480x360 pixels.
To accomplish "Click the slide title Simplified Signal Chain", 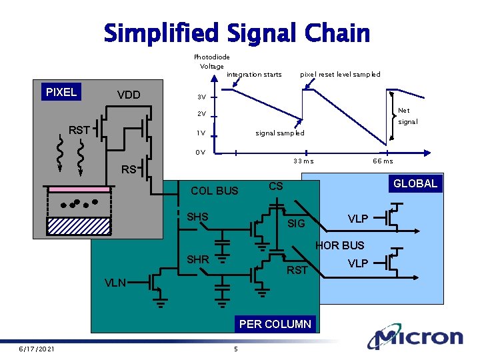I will (x=237, y=33).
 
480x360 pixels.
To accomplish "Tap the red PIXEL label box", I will (x=61, y=92).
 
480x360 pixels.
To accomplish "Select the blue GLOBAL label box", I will (x=415, y=183).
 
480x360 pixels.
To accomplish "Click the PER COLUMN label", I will (x=275, y=324).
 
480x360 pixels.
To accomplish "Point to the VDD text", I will (x=129, y=95).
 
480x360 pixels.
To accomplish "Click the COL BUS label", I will (x=214, y=191).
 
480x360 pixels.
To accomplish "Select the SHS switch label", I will (x=197, y=217).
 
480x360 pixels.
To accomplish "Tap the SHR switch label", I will (x=197, y=259).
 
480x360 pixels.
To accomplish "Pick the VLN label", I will (x=115, y=283).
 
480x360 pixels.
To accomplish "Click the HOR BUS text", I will (x=340, y=245).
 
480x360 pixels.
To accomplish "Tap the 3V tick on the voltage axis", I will (x=201, y=97).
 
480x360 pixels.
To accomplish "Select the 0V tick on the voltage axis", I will (x=201, y=152).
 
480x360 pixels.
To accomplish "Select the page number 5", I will (x=235, y=349).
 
